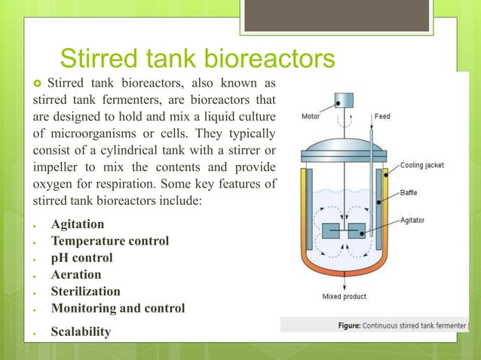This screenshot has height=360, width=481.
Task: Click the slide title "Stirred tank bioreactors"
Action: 197,59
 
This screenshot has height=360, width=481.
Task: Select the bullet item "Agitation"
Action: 78,224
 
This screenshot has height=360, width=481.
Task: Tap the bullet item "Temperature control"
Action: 110,241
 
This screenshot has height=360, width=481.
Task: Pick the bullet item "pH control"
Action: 82,258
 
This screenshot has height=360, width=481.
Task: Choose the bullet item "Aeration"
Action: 76,275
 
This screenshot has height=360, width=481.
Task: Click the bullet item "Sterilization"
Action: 85,291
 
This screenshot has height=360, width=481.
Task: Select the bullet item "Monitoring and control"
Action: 118,308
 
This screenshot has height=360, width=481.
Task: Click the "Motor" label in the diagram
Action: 312,117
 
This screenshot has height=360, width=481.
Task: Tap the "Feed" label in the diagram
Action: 382,117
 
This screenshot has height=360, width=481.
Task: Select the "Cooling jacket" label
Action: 421,165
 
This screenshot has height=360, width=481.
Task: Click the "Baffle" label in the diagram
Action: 409,193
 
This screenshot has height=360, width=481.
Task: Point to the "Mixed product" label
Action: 344,297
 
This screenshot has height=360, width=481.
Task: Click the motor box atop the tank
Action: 344,99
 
